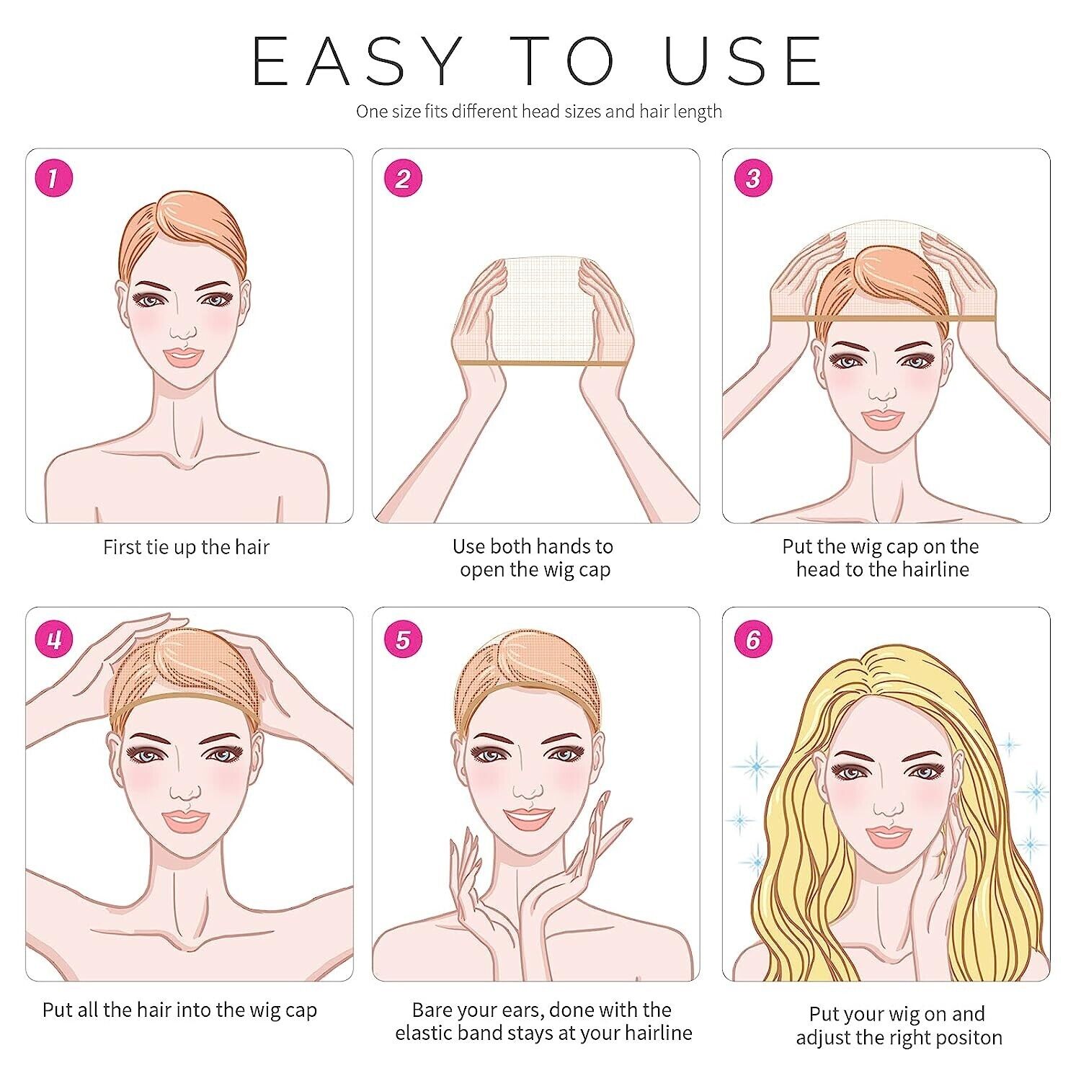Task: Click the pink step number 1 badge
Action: coord(54,179)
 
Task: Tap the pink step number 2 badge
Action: coord(402,179)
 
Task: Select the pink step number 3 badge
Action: coord(753,179)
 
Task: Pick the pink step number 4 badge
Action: coord(54,639)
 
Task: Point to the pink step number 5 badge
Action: coord(402,639)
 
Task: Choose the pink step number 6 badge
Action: coord(753,639)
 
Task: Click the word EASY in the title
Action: coord(357,61)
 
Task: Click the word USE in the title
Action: coord(743,61)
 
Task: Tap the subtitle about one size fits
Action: coord(539,112)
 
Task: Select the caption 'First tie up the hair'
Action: coord(186,547)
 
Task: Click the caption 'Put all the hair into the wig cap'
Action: coord(179,1010)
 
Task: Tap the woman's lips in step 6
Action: coord(888,835)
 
